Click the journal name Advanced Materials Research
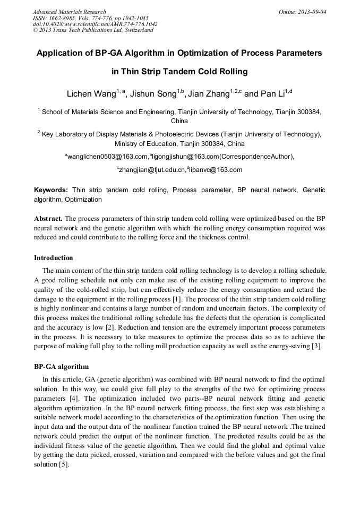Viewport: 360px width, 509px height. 69,12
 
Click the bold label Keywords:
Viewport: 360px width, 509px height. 51,189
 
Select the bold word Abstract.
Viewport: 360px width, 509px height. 48,218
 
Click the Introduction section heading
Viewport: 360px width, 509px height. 54,258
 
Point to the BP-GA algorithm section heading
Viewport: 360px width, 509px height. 62,367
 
